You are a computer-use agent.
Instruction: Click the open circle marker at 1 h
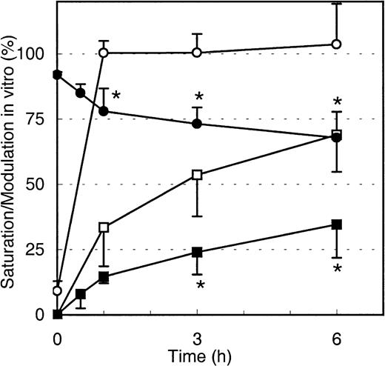[x=104, y=53]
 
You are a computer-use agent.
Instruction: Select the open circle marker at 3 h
[x=197, y=53]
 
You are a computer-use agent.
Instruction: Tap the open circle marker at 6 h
[x=336, y=44]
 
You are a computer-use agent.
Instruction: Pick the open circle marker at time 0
[x=58, y=290]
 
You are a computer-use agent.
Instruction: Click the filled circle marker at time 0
[x=58, y=75]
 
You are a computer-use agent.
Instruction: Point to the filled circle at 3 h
[x=197, y=124]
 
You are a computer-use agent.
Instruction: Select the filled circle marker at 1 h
[x=104, y=111]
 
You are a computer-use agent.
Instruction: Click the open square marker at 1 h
[x=104, y=227]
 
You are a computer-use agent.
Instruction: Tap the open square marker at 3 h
[x=197, y=175]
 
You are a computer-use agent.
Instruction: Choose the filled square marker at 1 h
[x=104, y=277]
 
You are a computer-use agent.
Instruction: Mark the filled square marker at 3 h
[x=197, y=252]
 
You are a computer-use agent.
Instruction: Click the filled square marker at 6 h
[x=336, y=224]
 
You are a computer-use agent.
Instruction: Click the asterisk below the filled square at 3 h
[x=199, y=285]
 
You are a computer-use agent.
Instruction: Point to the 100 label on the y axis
[x=34, y=54]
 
